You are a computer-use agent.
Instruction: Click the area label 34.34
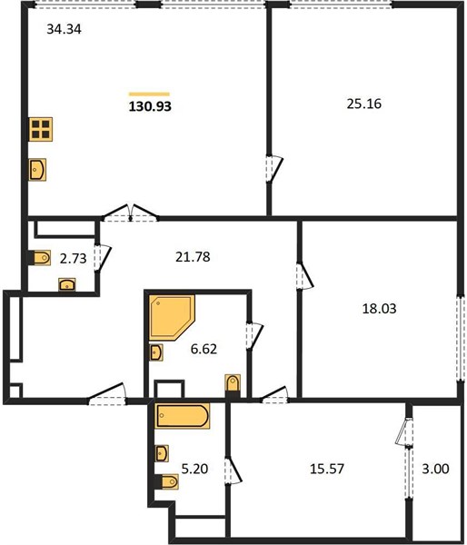tap(64, 29)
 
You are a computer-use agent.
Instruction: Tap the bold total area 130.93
tap(150, 106)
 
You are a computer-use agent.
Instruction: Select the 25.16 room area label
tap(363, 104)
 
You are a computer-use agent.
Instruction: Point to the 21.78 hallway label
tap(193, 257)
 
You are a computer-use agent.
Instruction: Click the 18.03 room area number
tap(379, 308)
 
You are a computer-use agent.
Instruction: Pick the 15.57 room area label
tap(327, 469)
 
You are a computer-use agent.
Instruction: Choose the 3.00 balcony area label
tap(435, 469)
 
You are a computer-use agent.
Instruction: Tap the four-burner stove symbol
tap(41, 129)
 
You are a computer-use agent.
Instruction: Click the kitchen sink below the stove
tap(37, 170)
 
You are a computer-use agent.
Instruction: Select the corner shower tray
tap(172, 318)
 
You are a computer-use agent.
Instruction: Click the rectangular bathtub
tap(183, 416)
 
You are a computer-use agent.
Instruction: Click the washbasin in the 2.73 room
tap(66, 284)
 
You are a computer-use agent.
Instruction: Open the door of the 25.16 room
tap(274, 169)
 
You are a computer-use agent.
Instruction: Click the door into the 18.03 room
tap(304, 276)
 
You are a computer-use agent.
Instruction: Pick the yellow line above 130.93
tap(149, 94)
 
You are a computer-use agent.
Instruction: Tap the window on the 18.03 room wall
tap(461, 339)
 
